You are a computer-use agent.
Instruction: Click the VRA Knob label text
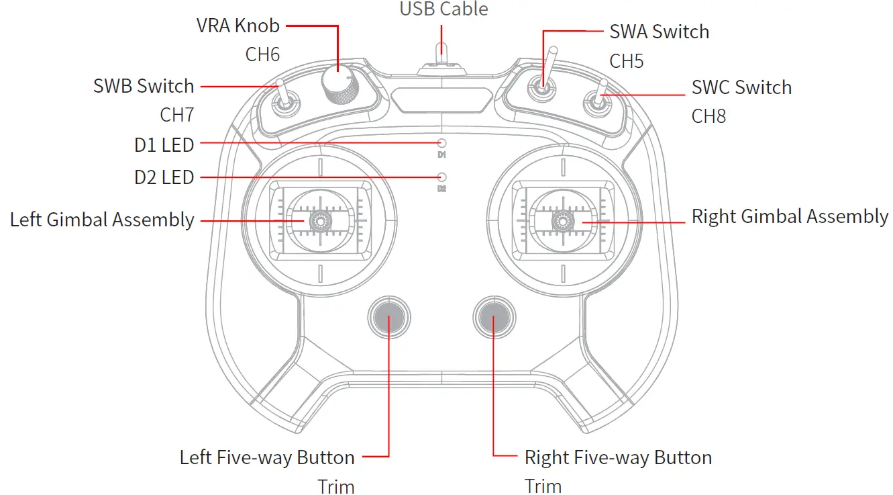238,26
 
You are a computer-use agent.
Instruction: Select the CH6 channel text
262,54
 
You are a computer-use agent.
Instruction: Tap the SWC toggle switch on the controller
598,101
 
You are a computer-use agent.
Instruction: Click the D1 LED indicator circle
441,143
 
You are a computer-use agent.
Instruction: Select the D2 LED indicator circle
441,177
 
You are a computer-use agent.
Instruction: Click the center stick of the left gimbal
320,220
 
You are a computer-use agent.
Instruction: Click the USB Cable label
443,9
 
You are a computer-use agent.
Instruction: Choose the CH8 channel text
708,116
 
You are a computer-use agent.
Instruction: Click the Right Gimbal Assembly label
790,216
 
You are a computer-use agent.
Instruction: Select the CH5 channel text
626,61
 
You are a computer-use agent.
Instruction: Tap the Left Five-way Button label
267,457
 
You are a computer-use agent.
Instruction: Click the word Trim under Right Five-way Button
543,486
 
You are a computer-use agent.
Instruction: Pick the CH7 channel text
176,114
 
